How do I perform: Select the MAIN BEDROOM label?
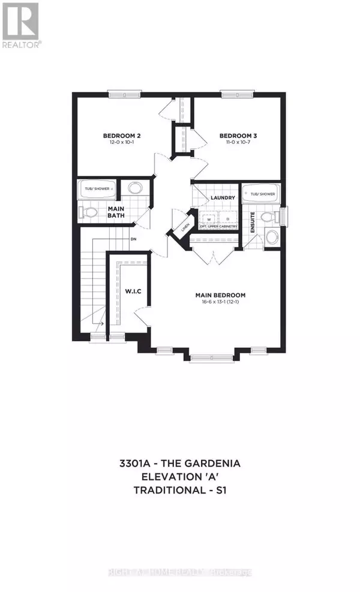pos(220,295)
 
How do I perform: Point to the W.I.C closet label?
pos(132,292)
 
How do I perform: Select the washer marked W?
pos(208,219)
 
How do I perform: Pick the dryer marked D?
pos(227,219)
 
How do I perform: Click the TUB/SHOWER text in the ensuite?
pos(262,194)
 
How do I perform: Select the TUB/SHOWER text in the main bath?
pos(97,188)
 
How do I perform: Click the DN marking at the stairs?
pos(131,239)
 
